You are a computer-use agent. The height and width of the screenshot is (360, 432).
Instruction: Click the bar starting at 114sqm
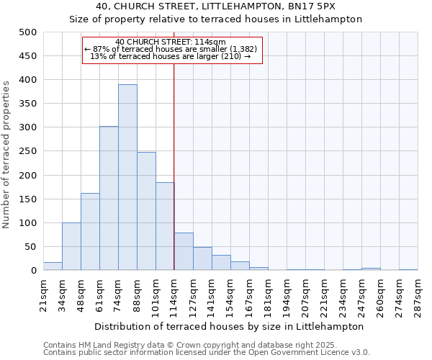coord(184,251)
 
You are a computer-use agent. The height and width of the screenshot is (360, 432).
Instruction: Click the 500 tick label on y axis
coord(27,32)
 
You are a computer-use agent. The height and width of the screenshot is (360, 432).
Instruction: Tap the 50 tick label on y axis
coord(30,247)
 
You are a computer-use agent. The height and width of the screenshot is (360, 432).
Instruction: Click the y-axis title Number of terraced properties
coord(6,154)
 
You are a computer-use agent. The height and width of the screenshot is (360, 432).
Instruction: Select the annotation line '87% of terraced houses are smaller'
coord(171,49)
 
